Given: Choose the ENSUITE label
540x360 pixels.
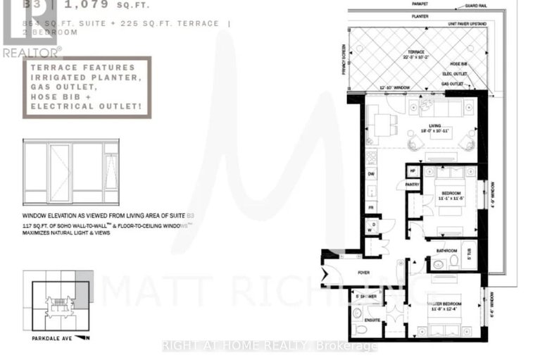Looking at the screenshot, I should tap(372, 321).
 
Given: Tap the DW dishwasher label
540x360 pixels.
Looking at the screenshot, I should tap(371, 173).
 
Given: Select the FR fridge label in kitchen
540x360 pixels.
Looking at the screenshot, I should tap(371, 209).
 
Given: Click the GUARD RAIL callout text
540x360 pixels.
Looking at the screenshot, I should tap(475, 6).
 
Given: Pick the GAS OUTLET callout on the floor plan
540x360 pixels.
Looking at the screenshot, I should tap(453, 83).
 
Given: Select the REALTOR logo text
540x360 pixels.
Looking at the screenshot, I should tap(31, 51).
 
